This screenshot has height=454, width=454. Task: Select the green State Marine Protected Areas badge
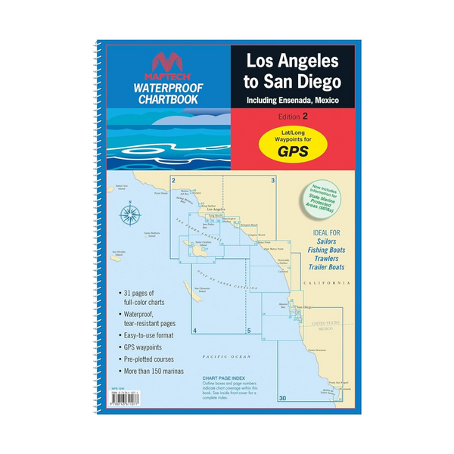pos(324,204)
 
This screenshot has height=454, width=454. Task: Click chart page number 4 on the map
pos(195,331)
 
